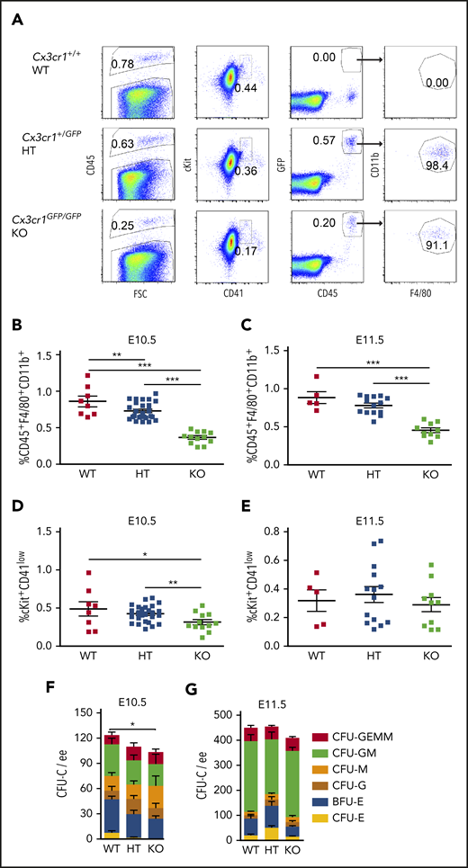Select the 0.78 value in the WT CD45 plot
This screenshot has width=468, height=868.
pyautogui.click(x=123, y=63)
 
